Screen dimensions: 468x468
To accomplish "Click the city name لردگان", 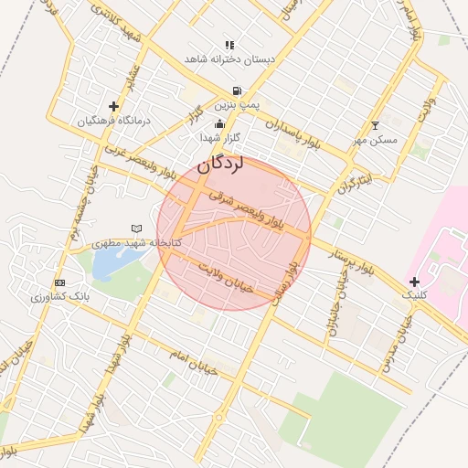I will [220, 165].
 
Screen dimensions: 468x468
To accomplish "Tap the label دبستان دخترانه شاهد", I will [229, 58].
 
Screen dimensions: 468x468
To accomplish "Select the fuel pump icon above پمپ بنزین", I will [238, 90].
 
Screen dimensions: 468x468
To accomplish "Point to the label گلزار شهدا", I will [219, 137].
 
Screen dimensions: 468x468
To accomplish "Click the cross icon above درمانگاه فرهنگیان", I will [113, 106].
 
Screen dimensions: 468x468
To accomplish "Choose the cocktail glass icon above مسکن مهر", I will [374, 125].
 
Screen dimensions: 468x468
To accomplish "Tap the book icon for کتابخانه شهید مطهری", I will [137, 228].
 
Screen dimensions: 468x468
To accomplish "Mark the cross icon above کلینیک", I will [415, 281].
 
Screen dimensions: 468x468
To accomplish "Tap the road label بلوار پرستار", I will [351, 261].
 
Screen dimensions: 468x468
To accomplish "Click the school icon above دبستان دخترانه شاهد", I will [229, 44].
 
